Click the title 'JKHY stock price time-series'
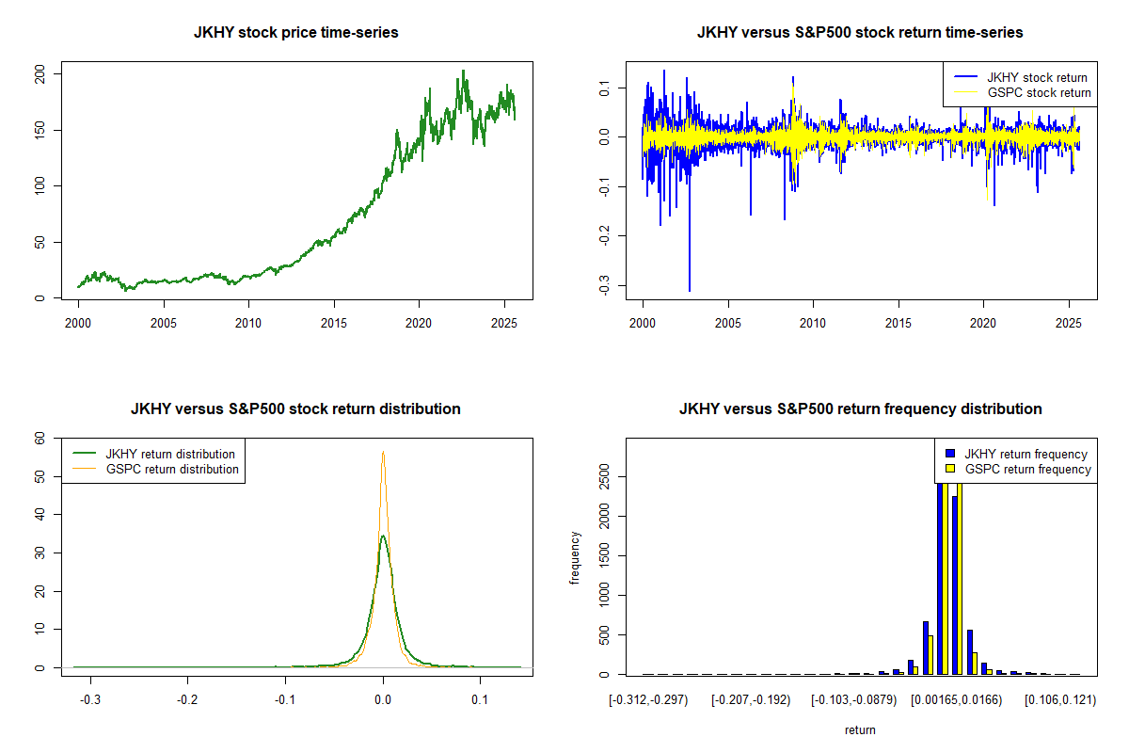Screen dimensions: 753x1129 click(295, 33)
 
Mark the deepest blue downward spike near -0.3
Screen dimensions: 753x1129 click(690, 288)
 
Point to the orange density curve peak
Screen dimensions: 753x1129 click(383, 453)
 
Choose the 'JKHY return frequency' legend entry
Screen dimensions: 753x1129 click(1026, 454)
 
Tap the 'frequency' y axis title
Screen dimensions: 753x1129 click(575, 558)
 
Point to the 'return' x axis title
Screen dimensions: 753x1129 click(860, 729)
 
